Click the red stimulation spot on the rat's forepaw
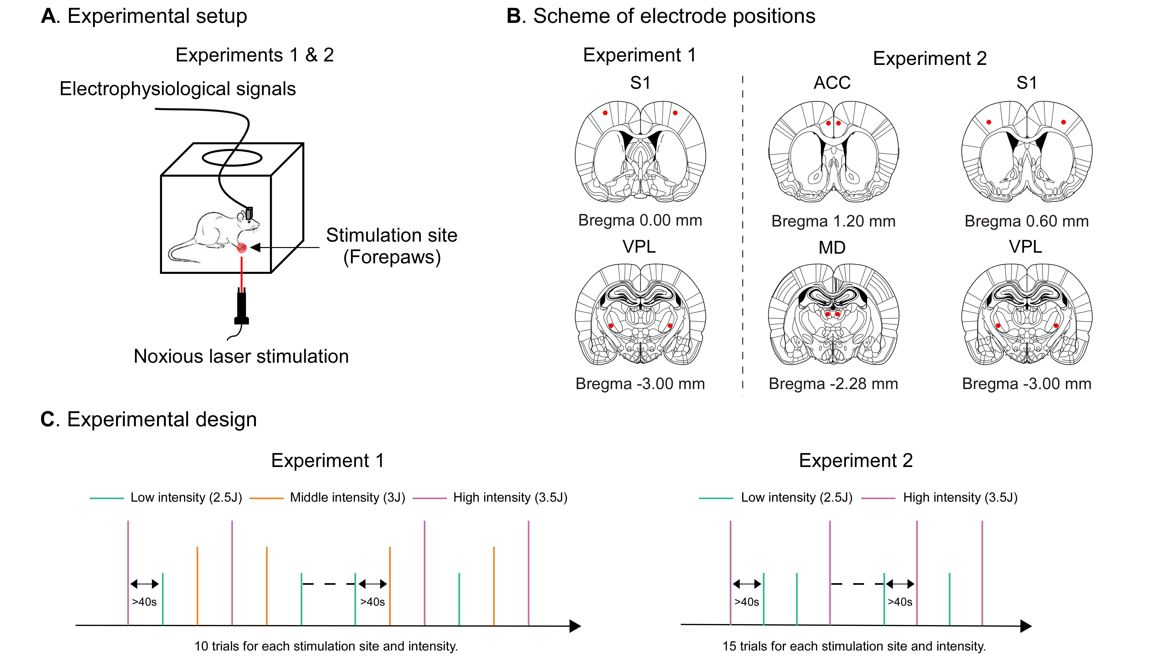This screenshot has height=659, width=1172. (242, 247)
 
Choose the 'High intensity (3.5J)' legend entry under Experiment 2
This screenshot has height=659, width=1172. (960, 498)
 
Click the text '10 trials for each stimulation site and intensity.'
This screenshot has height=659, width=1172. (326, 646)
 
